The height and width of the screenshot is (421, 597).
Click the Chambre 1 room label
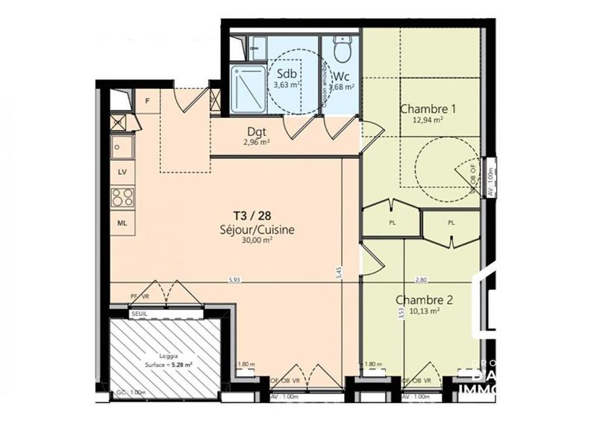pos(428,107)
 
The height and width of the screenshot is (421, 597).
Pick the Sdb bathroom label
pos(286,74)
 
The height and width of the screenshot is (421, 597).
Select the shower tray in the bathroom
pos(248,88)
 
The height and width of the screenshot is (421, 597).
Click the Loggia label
pos(168,356)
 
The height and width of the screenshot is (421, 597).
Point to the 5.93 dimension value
pos(237,280)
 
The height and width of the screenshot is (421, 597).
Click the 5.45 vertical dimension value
pos(341,272)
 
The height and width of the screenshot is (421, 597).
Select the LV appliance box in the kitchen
pos(122,172)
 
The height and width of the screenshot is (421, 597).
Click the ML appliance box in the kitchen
pos(122,222)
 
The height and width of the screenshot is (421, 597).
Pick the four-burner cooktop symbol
pos(122,197)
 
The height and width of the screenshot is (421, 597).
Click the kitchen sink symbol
pos(122,146)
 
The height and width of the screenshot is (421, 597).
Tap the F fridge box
pos(148,101)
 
